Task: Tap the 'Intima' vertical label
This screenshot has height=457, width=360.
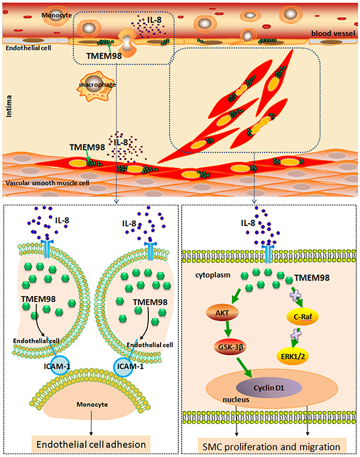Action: [x=7, y=116]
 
